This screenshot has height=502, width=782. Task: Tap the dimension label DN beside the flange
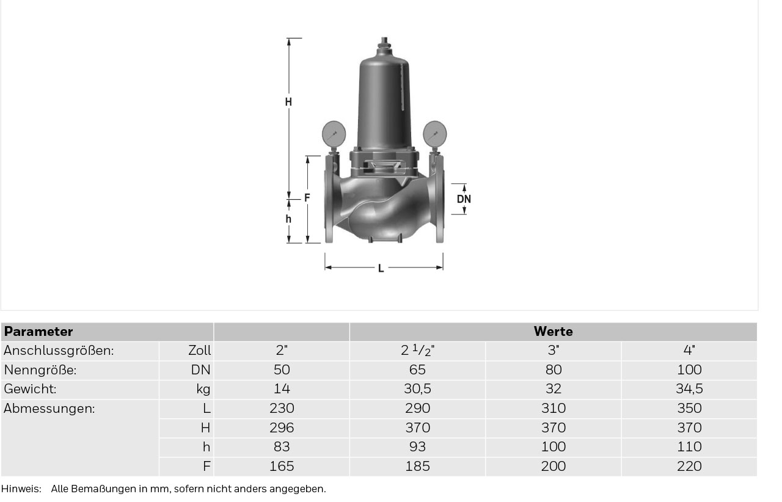[x=464, y=199]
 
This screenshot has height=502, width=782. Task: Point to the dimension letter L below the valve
[x=381, y=268]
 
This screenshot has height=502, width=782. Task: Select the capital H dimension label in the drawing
[x=288, y=102]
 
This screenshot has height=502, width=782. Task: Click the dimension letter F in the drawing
[x=307, y=198]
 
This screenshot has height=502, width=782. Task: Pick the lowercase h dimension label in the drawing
[x=288, y=219]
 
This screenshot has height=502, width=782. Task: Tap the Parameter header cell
[x=38, y=331]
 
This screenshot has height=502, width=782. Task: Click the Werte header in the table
[x=554, y=331]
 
